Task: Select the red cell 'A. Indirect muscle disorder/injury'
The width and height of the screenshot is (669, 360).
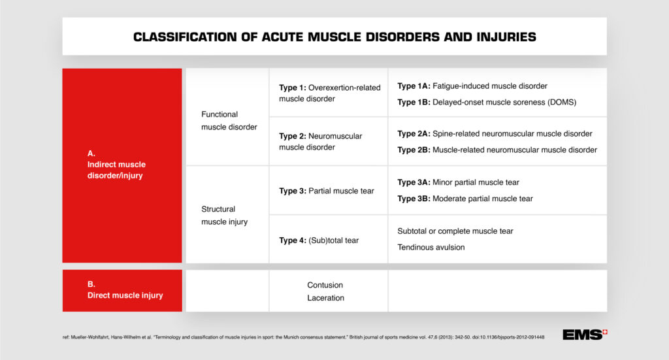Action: pos(122,165)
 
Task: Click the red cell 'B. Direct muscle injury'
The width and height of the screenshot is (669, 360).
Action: pos(122,290)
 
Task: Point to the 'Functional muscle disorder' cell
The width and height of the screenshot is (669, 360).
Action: pos(229,121)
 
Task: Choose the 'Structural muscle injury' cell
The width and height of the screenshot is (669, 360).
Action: pos(224,216)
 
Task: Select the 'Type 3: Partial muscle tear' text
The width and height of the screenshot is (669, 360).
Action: pos(327,191)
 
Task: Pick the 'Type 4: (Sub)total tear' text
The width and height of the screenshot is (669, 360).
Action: pos(319,240)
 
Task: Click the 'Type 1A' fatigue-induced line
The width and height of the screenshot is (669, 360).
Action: pos(472,86)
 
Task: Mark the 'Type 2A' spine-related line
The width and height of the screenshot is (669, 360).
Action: pos(495,133)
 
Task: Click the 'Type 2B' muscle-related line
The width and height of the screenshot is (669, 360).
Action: pos(497,150)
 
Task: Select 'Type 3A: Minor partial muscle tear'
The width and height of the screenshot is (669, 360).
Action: pos(458,182)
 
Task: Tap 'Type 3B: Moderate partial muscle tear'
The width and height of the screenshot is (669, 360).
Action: pos(465,199)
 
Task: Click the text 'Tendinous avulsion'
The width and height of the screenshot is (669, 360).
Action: pos(432,247)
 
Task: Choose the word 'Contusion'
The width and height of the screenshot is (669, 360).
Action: pos(325,285)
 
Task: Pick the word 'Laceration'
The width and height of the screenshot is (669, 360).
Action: pos(325,298)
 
